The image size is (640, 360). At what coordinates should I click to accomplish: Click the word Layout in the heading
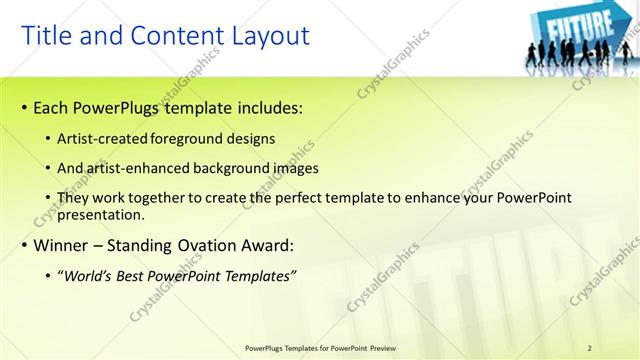click(265, 36)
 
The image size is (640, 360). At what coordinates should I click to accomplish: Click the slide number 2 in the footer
click(590, 348)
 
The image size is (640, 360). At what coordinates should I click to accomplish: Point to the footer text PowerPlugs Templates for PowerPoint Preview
click(319, 348)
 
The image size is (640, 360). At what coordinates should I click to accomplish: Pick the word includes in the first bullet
click(269, 106)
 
